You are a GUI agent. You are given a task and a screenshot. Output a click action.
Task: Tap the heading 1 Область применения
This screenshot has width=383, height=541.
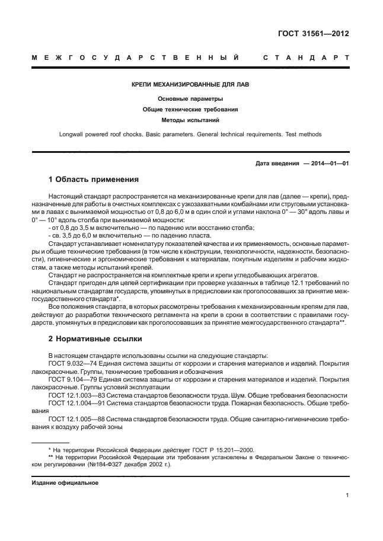point(93,178)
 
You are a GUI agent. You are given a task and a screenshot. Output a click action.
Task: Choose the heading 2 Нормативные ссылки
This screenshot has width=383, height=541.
point(92,340)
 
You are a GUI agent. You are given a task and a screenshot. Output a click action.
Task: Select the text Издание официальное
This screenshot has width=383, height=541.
point(65,482)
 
